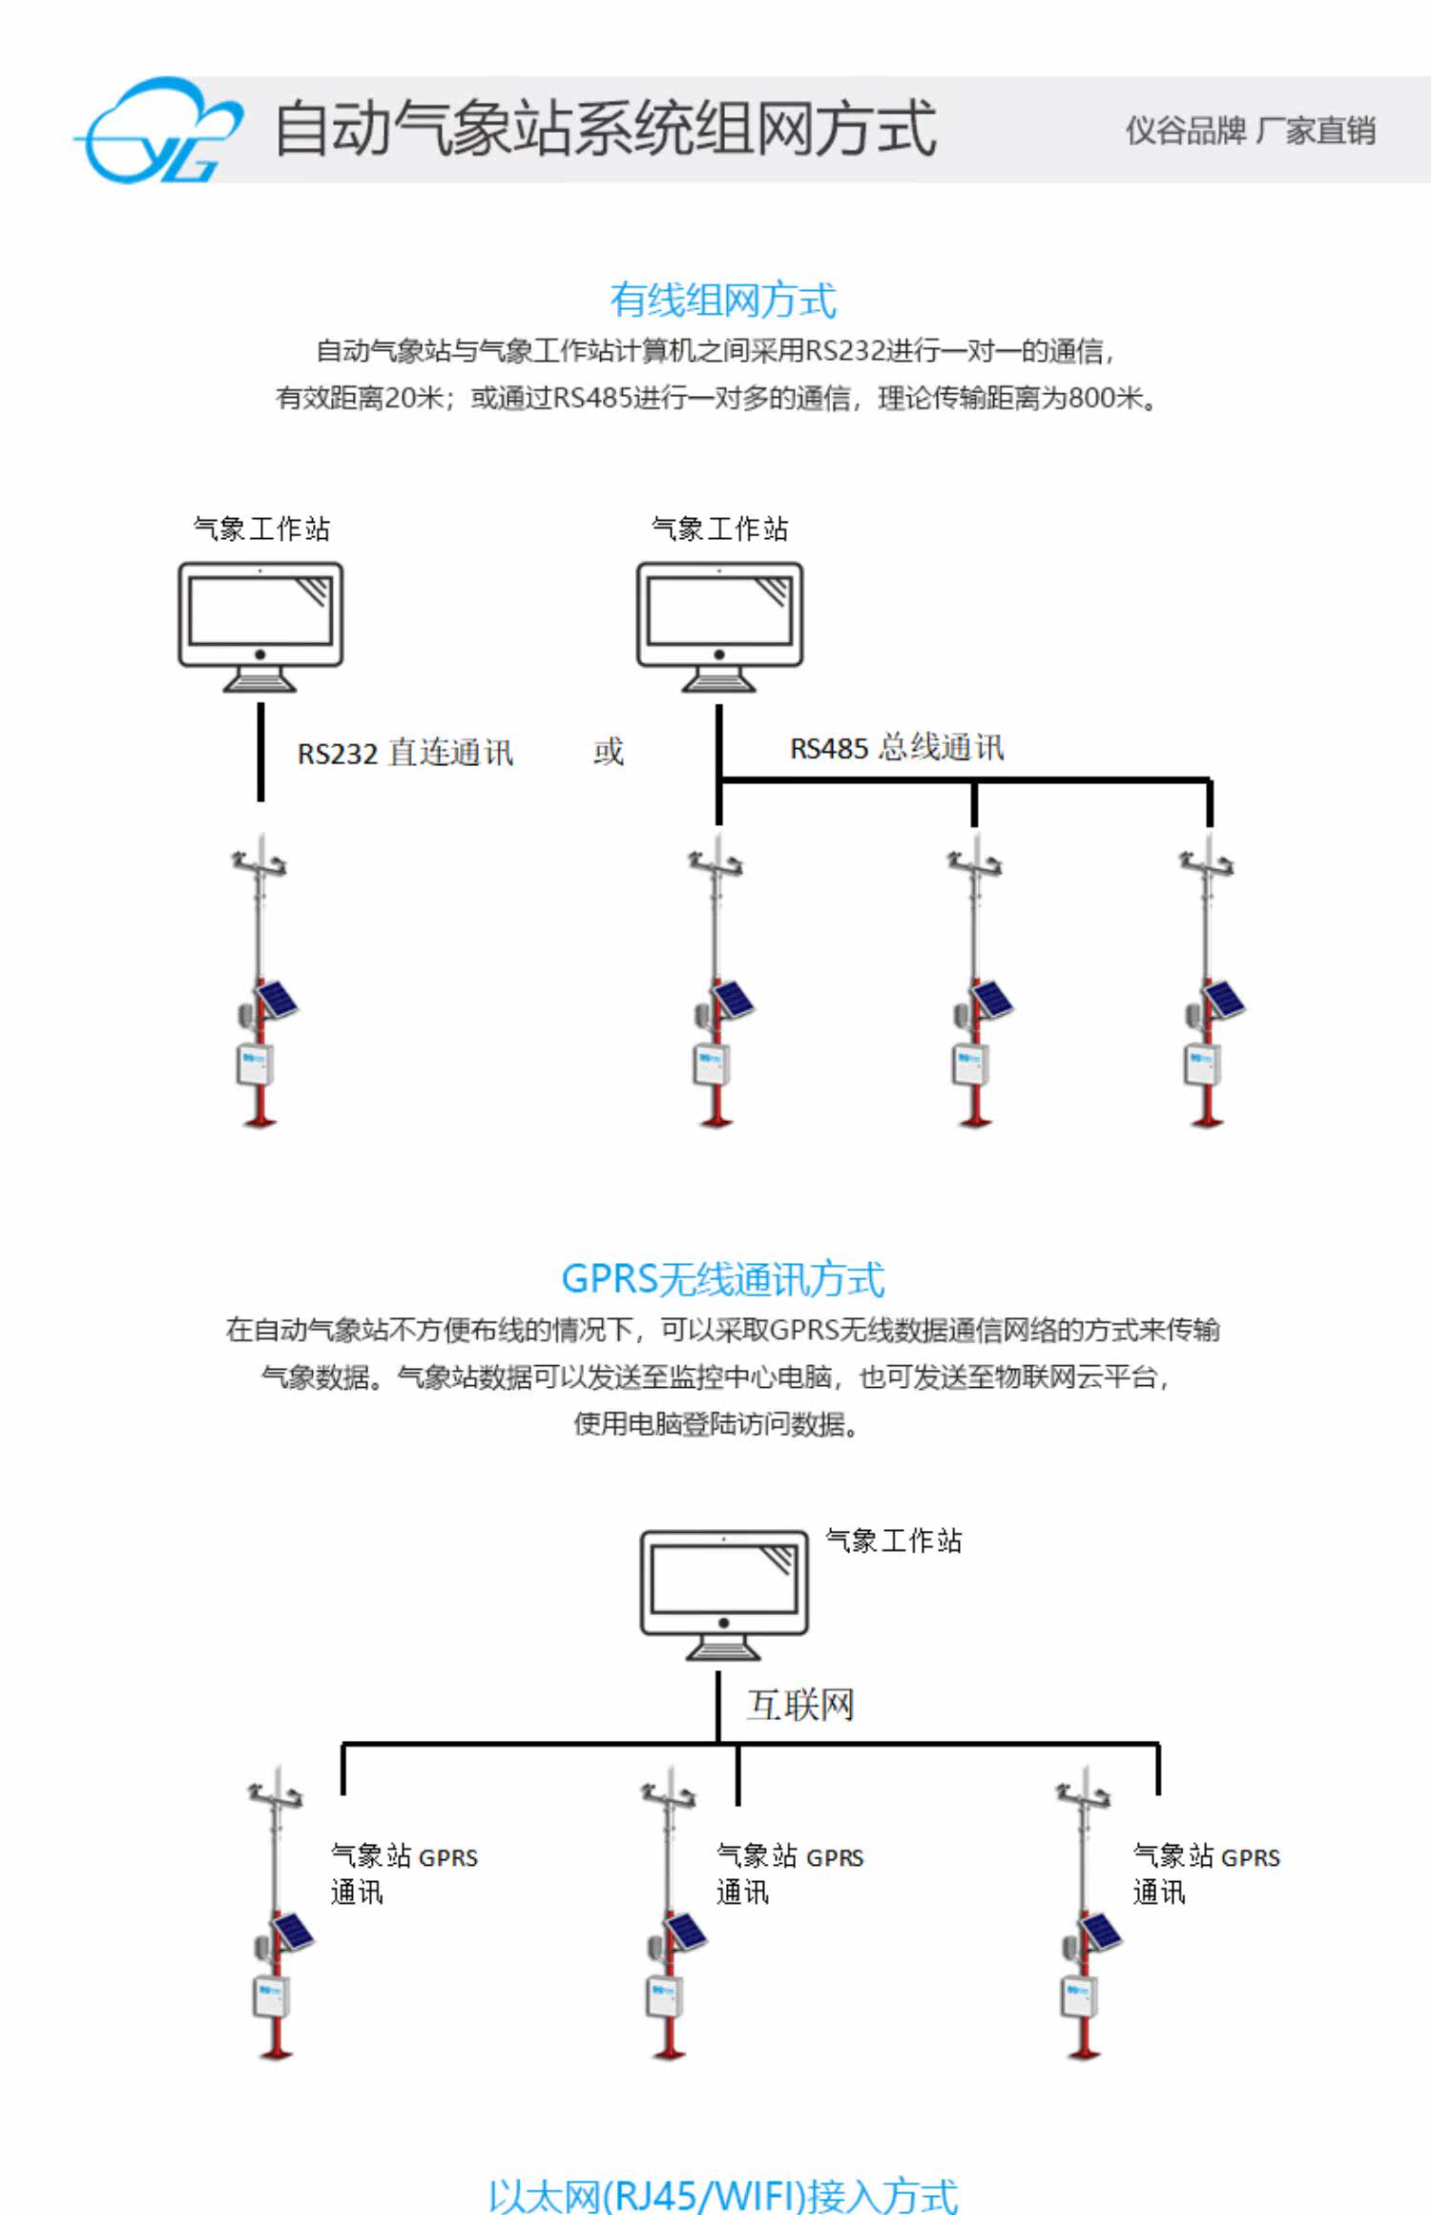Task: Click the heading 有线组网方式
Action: [723, 300]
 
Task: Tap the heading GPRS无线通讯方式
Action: [723, 1278]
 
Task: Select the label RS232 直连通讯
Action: [405, 753]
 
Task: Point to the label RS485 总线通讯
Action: [897, 747]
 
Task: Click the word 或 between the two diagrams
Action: [609, 752]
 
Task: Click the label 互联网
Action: [799, 1704]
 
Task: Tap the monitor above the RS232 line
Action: [260, 627]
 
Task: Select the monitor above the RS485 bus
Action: [719, 627]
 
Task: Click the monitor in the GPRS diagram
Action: [724, 1595]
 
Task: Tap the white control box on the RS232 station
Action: [255, 1065]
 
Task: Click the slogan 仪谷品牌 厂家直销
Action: [1251, 131]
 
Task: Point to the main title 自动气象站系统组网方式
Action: [606, 128]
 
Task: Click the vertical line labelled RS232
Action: [260, 753]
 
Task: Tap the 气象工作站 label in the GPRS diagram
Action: [894, 1541]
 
